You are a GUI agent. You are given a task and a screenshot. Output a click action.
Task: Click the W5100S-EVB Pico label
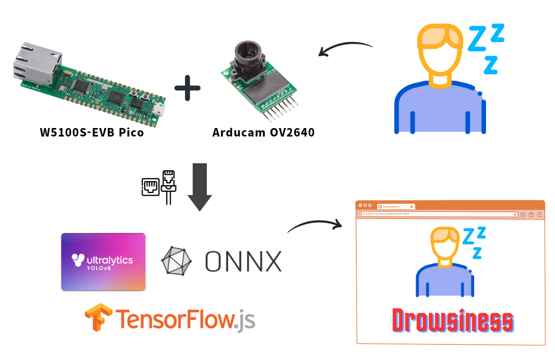[92, 132]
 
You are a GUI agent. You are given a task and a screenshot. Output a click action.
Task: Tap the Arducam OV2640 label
[263, 132]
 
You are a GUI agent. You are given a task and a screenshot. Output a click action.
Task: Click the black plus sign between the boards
[187, 87]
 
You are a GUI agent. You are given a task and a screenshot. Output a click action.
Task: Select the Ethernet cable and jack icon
[158, 187]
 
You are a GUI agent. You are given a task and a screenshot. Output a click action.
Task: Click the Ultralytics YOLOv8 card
[103, 262]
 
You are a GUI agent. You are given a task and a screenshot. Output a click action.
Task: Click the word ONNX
[243, 261]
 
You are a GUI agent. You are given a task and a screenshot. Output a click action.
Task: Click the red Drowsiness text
[452, 321]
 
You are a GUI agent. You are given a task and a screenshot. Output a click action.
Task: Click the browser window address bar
[437, 214]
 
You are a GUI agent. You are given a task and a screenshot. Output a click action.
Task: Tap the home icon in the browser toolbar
[531, 214]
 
